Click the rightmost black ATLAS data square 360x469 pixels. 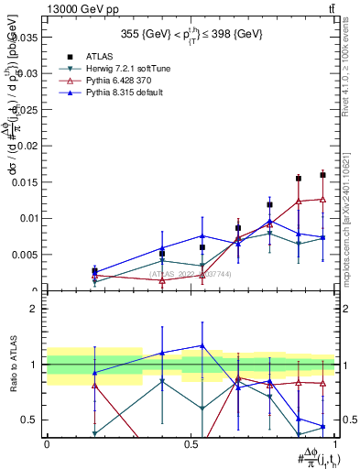coord(322,175)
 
